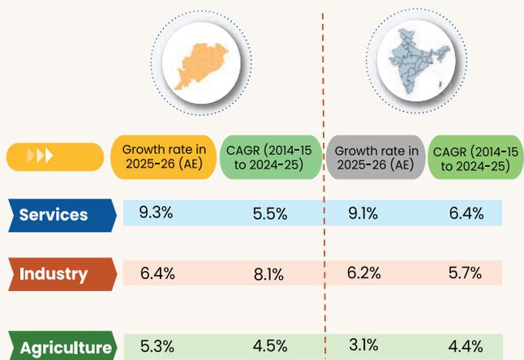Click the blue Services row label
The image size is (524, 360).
click(x=62, y=216)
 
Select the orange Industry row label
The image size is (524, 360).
click(x=62, y=274)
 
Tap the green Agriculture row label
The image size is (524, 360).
click(x=62, y=345)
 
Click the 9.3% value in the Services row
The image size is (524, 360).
click(x=156, y=212)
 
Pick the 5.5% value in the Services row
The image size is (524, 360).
click(x=270, y=214)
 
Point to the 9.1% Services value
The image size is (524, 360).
click(x=363, y=213)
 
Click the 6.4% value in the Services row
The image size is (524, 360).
click(x=466, y=213)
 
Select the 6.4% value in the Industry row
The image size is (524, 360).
click(x=157, y=273)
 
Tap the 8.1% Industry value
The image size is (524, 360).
click(x=268, y=275)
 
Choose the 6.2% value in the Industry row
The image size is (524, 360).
click(x=364, y=273)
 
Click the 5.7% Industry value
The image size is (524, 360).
click(x=465, y=273)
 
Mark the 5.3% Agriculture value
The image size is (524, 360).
click(x=157, y=346)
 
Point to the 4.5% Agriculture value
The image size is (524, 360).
click(x=270, y=346)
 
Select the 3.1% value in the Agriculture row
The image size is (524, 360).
click(x=363, y=345)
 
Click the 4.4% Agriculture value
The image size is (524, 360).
click(x=466, y=346)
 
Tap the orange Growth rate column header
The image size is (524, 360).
click(x=164, y=157)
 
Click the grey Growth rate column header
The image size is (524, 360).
click(x=376, y=157)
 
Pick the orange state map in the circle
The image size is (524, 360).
click(x=201, y=66)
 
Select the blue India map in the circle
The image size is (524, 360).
click(x=419, y=61)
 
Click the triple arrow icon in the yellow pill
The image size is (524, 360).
click(x=40, y=156)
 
